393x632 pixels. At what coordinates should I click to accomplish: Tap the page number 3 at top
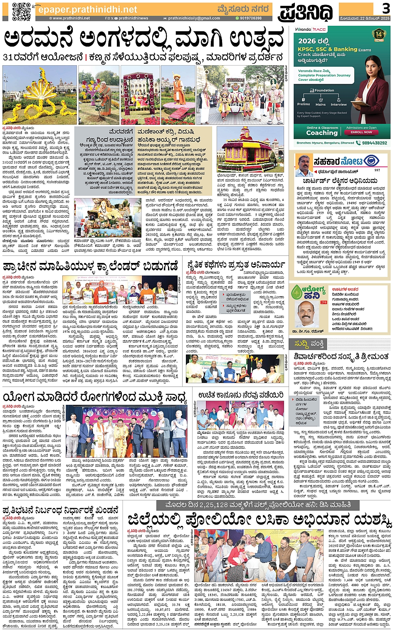386,8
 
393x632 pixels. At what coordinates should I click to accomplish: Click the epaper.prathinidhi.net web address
87,9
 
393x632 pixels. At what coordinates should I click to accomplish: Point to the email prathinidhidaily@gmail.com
194,18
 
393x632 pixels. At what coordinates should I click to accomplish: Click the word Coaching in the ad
322,133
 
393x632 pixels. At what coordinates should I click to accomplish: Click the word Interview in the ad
339,104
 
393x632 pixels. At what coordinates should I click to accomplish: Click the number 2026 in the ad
307,41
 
